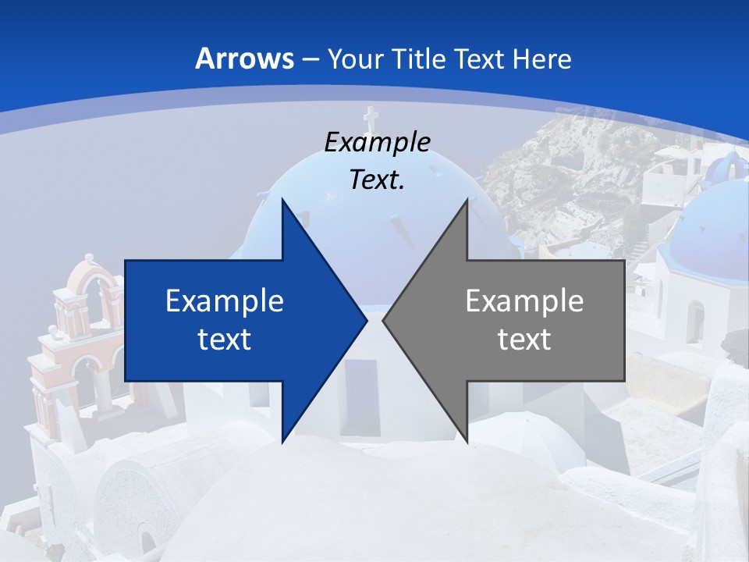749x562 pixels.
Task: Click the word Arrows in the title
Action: [x=244, y=59]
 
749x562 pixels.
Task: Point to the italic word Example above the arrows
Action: [x=377, y=142]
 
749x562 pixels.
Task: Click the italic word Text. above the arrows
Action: [x=377, y=180]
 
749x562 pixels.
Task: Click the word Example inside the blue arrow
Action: [x=224, y=301]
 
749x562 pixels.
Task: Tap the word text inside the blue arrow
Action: [x=224, y=340]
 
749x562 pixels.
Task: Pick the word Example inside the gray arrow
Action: [x=524, y=301]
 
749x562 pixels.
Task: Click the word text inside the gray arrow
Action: [x=524, y=340]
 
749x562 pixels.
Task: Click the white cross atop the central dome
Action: [x=371, y=118]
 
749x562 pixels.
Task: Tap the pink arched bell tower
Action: [x=86, y=312]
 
